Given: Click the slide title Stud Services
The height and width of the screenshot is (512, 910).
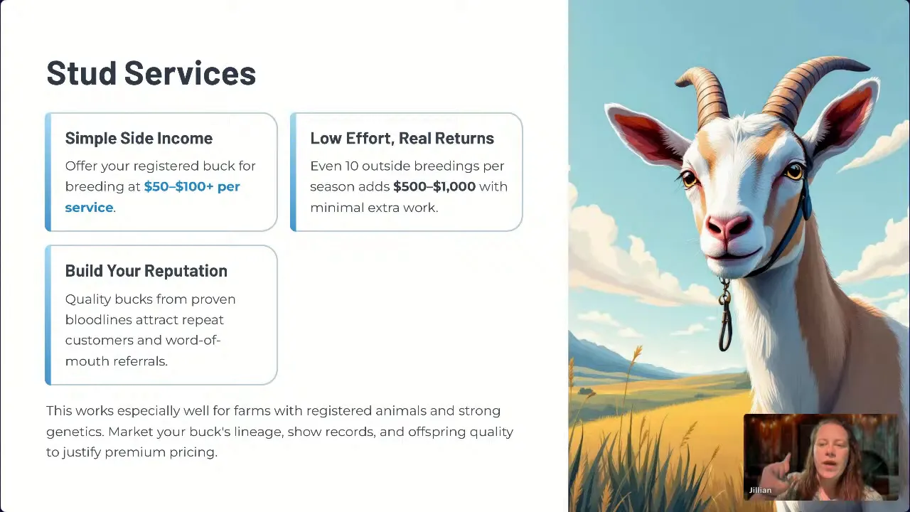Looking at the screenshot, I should click(151, 73).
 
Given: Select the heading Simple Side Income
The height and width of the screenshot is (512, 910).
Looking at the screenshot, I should click(139, 138).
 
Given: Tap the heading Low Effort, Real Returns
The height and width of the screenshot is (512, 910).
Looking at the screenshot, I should click(402, 138).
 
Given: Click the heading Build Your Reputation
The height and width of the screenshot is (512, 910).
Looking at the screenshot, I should click(146, 271).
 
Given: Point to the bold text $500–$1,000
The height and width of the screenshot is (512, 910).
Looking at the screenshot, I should click(434, 186).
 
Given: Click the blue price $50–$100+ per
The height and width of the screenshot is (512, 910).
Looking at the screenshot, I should click(191, 186).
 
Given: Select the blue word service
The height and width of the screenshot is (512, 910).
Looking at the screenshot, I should click(89, 208).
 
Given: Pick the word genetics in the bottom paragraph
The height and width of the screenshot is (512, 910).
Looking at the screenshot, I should click(75, 432).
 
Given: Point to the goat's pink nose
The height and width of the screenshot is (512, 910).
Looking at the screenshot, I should click(727, 227).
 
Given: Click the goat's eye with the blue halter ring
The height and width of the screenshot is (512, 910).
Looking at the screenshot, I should click(794, 171).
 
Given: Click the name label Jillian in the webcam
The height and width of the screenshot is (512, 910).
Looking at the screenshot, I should click(760, 490).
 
